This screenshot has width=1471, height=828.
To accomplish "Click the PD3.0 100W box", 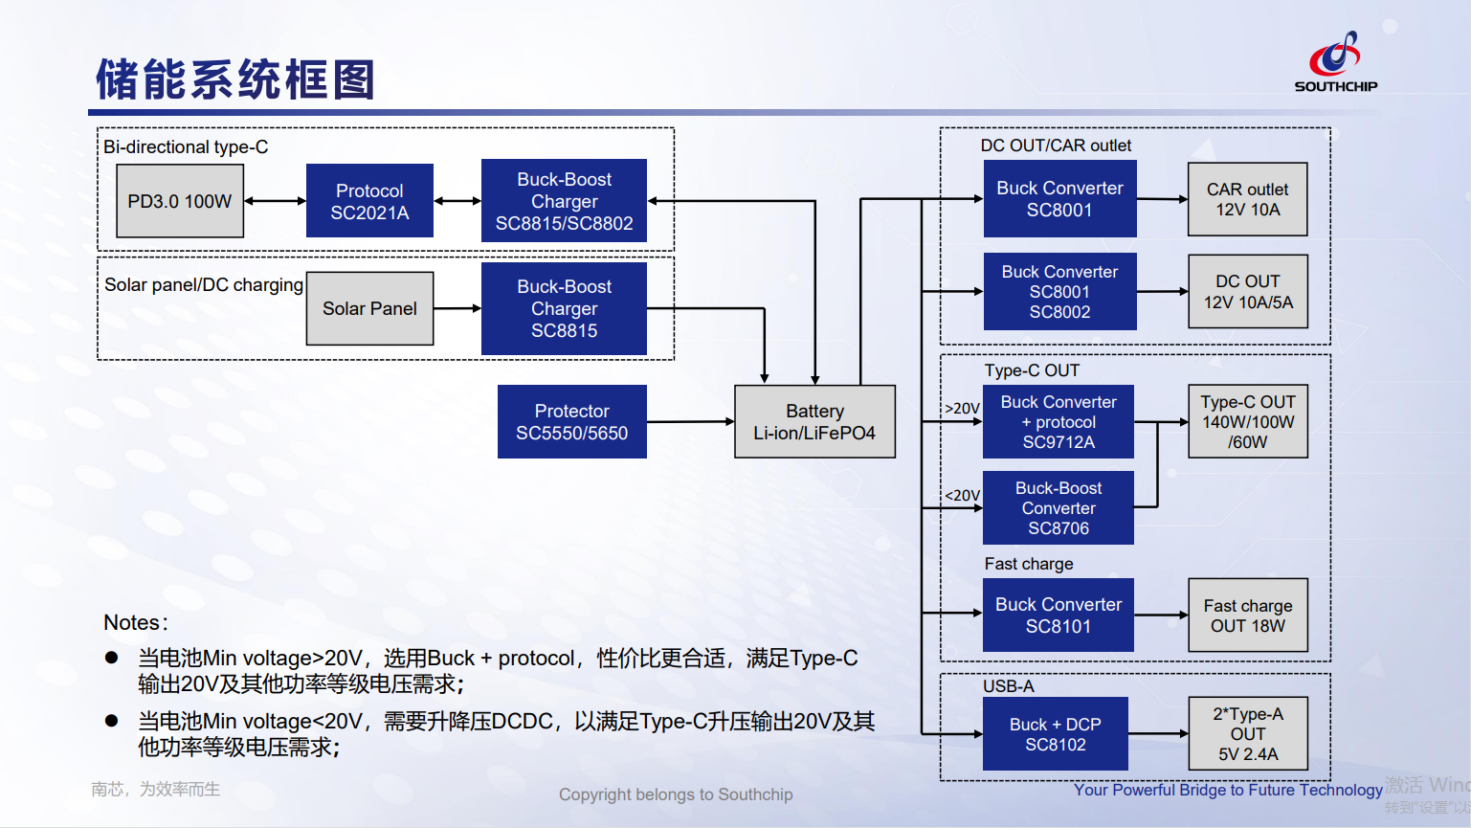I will pos(180,201).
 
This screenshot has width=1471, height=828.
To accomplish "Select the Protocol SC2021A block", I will pos(369,201).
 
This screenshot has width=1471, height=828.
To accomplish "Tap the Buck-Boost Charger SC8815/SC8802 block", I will pos(564,201).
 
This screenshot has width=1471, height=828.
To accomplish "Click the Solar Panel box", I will pos(369,308).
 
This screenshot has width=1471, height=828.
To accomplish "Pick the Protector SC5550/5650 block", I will pos(571,422).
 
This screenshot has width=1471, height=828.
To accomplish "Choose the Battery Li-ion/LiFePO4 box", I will pos(814,422).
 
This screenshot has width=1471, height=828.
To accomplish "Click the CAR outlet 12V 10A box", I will pos(1247,199).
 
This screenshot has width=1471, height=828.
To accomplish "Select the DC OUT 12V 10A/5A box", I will pos(1247,292).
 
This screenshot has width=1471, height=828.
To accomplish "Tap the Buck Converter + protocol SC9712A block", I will pos(1058,422).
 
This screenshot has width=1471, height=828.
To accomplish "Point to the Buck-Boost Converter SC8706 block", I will pos(1058,508).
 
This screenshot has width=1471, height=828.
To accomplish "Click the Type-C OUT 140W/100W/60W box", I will pos(1247,422).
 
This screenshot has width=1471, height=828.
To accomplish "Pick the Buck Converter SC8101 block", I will pos(1058,615).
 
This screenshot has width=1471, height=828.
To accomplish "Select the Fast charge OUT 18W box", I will pos(1247,615).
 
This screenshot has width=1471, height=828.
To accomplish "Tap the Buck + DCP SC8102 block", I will pos(1055,734).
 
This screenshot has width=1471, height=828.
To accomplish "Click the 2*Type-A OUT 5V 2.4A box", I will pos(1247,734).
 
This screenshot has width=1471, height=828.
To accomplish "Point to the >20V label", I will pos(962,409).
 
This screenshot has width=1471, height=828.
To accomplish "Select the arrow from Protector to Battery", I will pos(690,421).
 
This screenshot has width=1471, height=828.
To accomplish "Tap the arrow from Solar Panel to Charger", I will pos(457,308).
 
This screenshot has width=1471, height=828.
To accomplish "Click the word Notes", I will pos(132,623).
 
